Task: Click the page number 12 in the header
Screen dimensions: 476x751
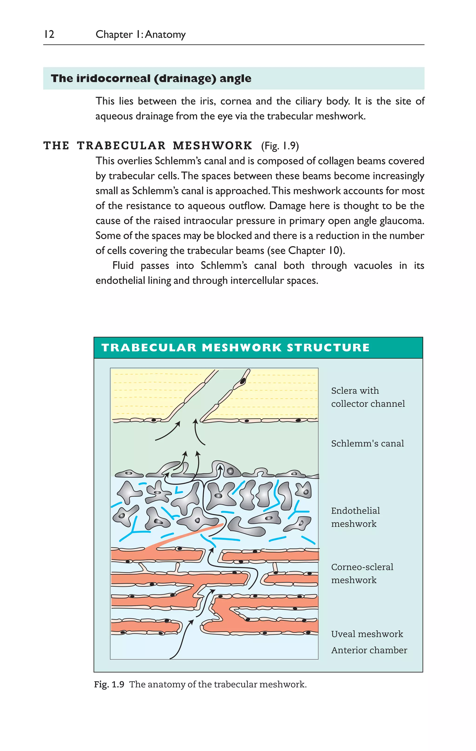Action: tap(49, 34)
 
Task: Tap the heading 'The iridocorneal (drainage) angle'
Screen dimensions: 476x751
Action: tap(151, 78)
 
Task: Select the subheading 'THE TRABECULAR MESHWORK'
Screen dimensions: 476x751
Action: tap(148, 146)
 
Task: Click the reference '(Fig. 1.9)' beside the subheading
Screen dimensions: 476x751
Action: tap(280, 146)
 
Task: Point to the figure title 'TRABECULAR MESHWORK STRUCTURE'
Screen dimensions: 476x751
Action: tap(235, 348)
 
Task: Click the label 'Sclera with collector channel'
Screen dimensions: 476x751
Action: tap(368, 397)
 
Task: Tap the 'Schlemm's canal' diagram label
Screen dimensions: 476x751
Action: tap(367, 443)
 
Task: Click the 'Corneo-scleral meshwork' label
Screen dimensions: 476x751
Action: tap(362, 573)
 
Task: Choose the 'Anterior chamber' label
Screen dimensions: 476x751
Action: tap(369, 650)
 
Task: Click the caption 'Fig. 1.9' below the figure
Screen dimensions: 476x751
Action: tap(109, 685)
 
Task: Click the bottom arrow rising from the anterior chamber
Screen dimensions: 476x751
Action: tap(181, 639)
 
